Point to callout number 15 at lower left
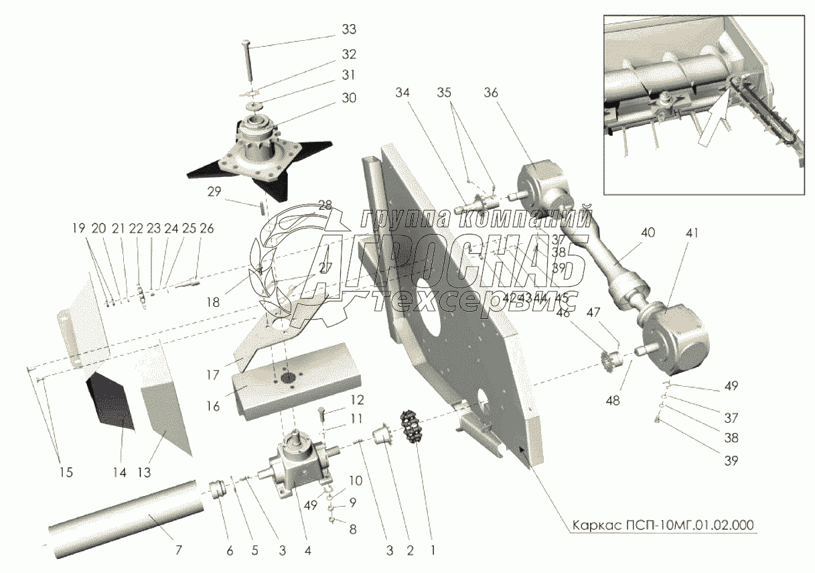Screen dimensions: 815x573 pyautogui.click(x=64, y=472)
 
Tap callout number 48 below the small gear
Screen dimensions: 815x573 pyautogui.click(x=612, y=401)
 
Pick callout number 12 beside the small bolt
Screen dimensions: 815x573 pyautogui.click(x=356, y=401)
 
